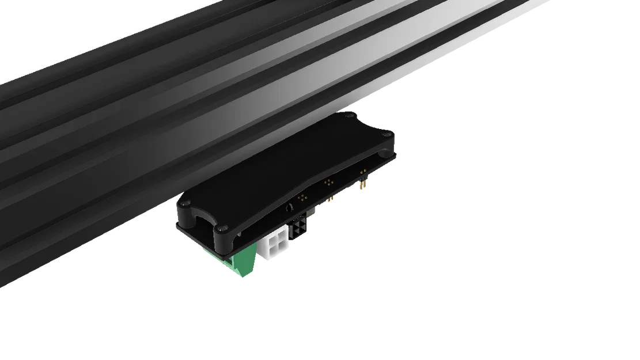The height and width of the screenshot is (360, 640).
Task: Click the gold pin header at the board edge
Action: [x=362, y=184]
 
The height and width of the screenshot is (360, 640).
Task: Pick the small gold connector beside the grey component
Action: [x=331, y=200]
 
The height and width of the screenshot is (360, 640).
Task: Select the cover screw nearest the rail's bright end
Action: [x=350, y=115]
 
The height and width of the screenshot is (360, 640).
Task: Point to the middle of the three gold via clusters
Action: [x=329, y=182]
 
